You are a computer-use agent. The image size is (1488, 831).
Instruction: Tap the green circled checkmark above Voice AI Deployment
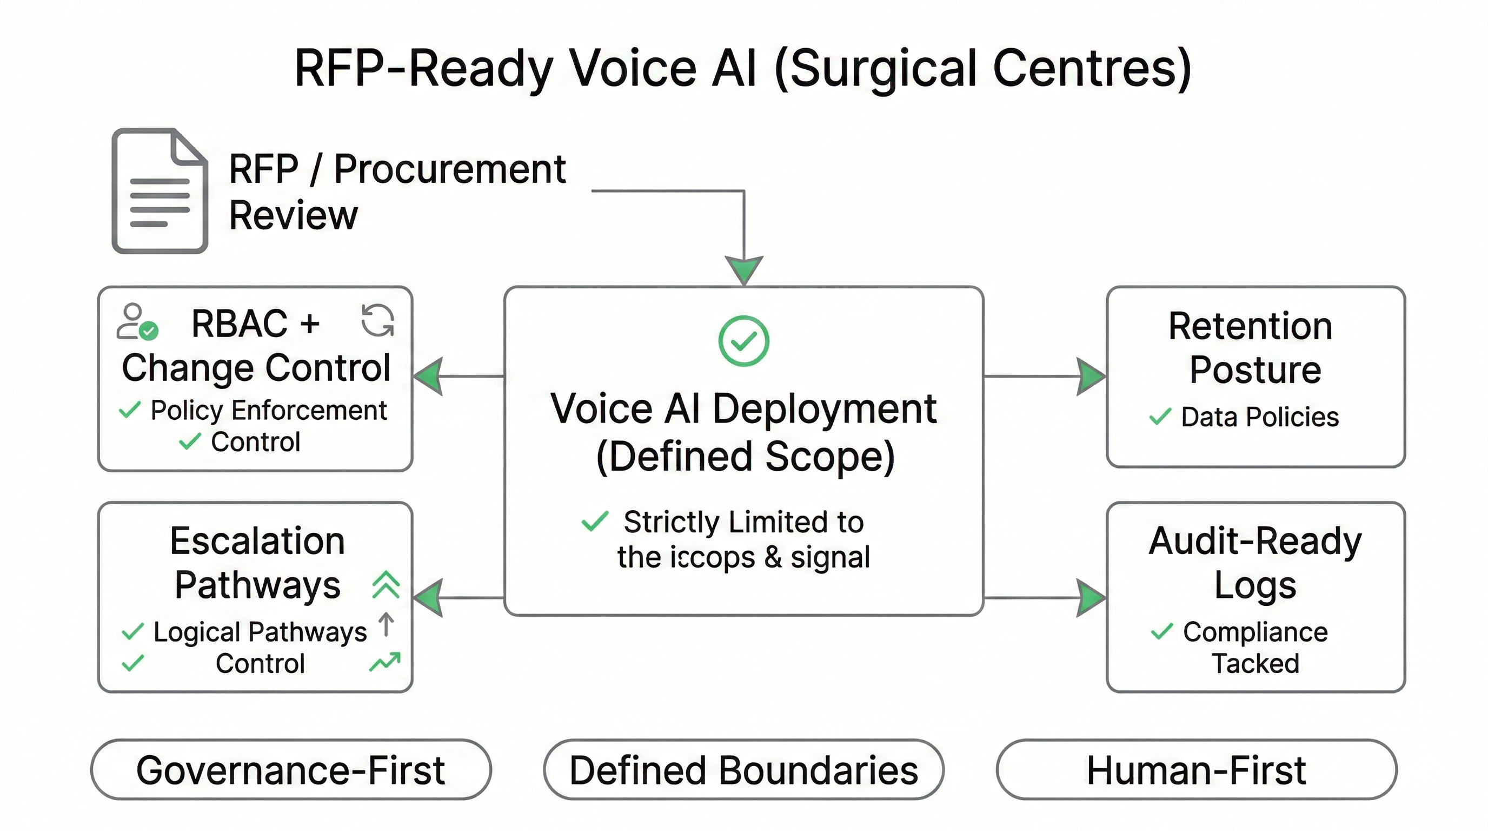point(743,340)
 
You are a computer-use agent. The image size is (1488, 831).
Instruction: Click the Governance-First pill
point(290,770)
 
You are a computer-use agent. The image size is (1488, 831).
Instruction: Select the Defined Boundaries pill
point(743,770)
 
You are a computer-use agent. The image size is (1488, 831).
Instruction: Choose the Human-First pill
point(1196,770)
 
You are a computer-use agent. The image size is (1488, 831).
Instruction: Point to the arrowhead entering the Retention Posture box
point(1091,376)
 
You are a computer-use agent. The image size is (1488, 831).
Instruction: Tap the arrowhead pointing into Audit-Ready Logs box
point(1091,598)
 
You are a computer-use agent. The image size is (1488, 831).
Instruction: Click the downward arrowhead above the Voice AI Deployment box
point(744,269)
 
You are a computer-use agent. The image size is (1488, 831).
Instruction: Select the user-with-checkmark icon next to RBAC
point(137,321)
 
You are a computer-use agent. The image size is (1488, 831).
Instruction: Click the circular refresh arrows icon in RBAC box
point(377,320)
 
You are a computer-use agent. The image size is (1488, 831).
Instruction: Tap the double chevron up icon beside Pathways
point(386,584)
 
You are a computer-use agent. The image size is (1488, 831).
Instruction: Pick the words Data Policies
point(1260,417)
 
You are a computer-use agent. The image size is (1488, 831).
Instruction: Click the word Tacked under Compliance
point(1255,663)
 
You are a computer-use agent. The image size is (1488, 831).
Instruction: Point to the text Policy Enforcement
point(269,410)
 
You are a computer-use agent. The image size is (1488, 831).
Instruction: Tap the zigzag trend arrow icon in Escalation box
point(385,662)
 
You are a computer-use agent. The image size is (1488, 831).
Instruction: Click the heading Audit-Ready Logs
point(1255,562)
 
